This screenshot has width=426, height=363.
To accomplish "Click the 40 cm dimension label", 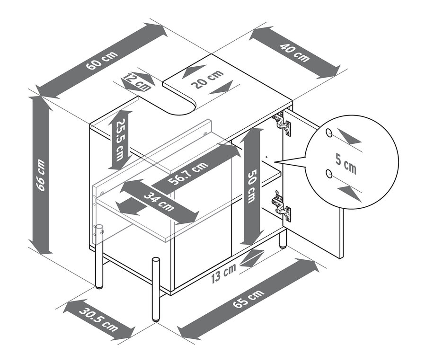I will tap(295, 52).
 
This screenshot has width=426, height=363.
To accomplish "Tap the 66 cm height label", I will tap(40, 175).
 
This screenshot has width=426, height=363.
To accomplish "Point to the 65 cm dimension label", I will tap(248, 299).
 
